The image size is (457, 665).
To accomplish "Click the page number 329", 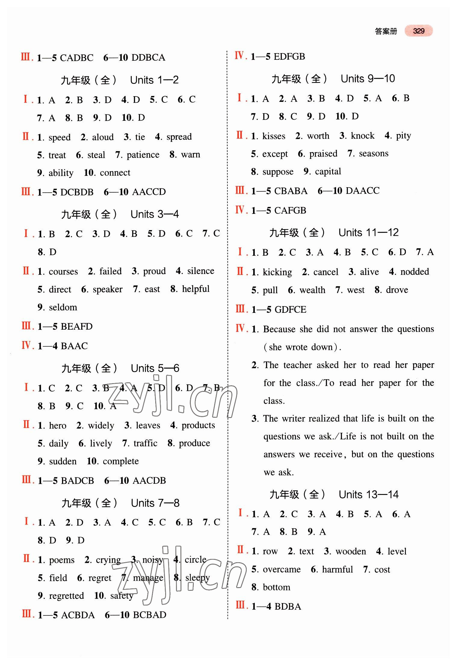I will [x=418, y=31].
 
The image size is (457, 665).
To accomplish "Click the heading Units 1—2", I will [x=154, y=80].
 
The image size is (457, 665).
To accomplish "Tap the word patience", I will [x=143, y=155].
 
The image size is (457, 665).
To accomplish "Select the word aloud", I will [x=103, y=137].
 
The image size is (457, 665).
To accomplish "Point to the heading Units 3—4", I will [x=155, y=214].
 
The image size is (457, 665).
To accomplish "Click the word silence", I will [x=201, y=271].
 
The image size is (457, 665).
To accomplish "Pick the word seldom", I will [x=63, y=307].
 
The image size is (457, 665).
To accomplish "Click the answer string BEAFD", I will [x=76, y=326].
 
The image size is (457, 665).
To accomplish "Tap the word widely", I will [x=101, y=426].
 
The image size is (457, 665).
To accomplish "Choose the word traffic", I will [x=145, y=443].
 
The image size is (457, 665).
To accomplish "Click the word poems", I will [x=62, y=560].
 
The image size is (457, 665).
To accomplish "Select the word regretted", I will [x=66, y=596].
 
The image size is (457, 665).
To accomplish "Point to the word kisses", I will [x=274, y=136].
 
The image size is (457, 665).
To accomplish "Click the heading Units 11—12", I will [x=368, y=232].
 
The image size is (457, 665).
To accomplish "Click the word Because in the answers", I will [x=279, y=329].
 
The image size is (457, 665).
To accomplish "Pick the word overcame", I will [x=282, y=569].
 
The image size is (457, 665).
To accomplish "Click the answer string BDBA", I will [x=288, y=606].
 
